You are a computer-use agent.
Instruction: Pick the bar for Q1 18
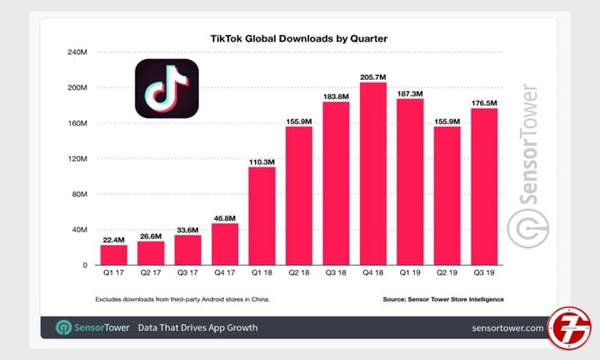click(x=262, y=216)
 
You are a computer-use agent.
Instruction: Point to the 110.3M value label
click(x=262, y=160)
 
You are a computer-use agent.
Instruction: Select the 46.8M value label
click(x=225, y=217)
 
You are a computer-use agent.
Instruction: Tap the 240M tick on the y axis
click(x=77, y=52)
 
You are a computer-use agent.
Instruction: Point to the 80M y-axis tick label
click(x=79, y=194)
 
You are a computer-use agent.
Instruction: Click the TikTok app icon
click(x=167, y=87)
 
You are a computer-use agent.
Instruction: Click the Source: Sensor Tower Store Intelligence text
click(x=443, y=298)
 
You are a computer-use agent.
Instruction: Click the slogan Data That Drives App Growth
click(x=197, y=327)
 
